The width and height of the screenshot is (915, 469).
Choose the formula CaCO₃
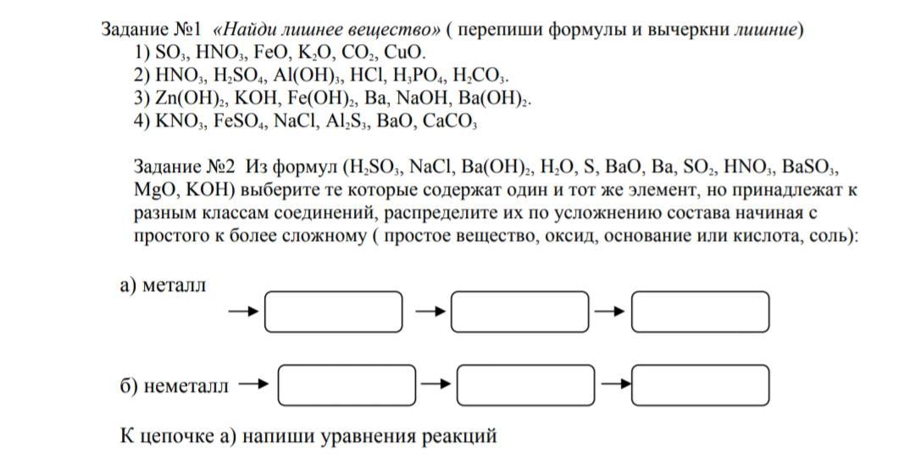[x=450, y=120]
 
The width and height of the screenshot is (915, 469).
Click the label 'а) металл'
[x=163, y=286]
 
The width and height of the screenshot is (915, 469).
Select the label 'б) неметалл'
[x=174, y=387]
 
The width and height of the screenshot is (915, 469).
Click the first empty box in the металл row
[x=333, y=312]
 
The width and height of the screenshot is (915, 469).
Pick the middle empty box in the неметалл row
[x=522, y=386]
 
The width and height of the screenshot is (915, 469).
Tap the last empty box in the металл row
[x=701, y=312]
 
